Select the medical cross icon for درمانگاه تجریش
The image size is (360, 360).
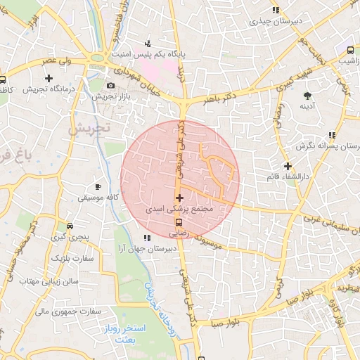coord(48,77)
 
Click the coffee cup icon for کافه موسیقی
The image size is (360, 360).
coord(98,187)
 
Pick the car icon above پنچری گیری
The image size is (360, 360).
coord(70,226)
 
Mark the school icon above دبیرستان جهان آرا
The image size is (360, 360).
coord(146,237)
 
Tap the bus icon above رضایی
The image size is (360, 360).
coord(180,222)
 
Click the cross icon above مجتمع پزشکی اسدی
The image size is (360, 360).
coord(180,198)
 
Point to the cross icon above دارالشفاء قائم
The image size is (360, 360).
coord(288,166)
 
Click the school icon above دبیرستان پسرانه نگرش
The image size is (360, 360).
coord(331,135)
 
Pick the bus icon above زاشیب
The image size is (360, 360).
coord(349,50)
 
